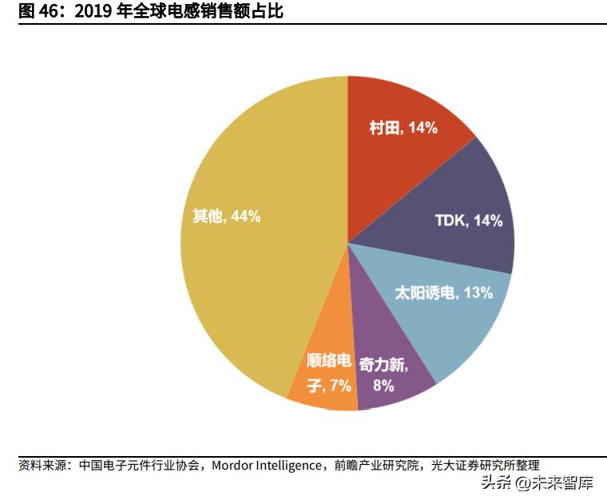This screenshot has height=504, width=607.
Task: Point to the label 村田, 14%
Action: (403, 128)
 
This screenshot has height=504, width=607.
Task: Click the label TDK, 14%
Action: (468, 221)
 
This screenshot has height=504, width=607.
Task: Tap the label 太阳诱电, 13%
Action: (444, 292)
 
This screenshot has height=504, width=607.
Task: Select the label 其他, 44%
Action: (226, 216)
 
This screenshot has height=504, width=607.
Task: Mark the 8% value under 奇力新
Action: (383, 386)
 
